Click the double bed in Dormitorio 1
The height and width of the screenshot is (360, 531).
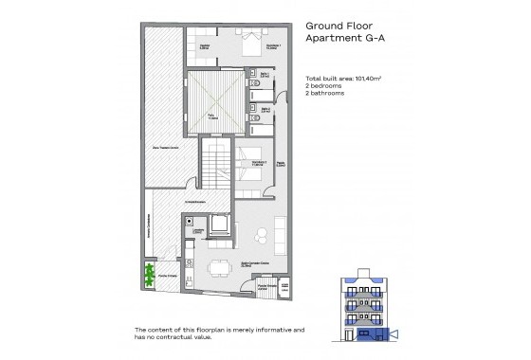249,43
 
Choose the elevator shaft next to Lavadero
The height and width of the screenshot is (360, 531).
221,225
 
